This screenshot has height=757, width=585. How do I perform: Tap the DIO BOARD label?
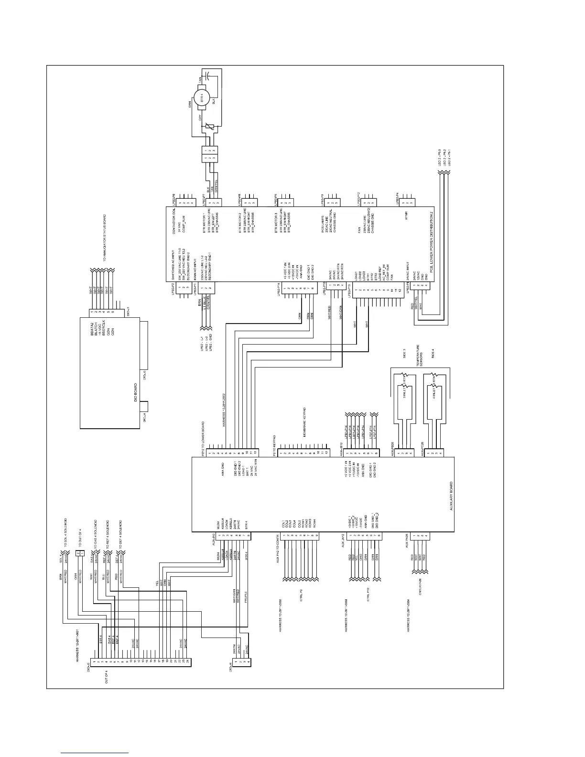pyautogui.click(x=136, y=392)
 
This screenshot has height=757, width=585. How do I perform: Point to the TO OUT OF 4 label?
pyautogui.click(x=79, y=538)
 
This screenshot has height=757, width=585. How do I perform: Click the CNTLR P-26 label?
pyautogui.click(x=420, y=586)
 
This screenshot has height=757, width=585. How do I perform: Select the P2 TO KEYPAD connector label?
pyautogui.click(x=274, y=444)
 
